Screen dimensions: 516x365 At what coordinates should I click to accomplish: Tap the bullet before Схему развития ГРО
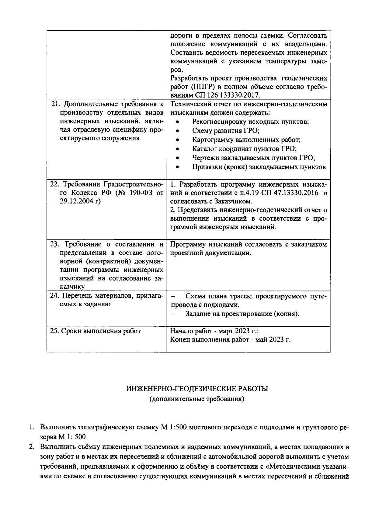tap(178, 131)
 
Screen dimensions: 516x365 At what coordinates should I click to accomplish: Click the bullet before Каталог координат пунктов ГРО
tap(178, 149)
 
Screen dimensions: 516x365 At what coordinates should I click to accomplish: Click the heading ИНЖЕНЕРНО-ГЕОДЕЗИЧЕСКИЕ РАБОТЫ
tap(197, 389)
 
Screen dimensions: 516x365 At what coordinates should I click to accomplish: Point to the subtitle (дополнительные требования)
tap(197, 399)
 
